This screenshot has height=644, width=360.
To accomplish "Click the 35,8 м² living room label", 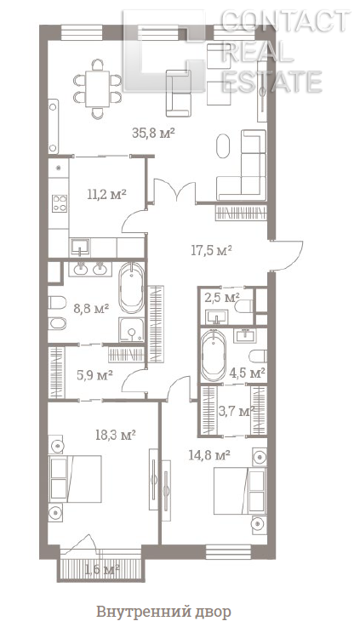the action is (154, 133).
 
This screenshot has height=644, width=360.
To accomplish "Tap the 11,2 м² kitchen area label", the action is (106, 193).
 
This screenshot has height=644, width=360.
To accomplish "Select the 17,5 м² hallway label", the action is (212, 250).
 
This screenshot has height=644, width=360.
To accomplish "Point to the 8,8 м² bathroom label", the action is (91, 308).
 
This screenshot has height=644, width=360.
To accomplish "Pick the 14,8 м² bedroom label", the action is (209, 455).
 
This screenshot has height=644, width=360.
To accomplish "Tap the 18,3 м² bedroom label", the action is (116, 435).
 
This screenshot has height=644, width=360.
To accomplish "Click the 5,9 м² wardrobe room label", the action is (95, 374).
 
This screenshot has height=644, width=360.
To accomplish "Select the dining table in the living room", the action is (97, 89).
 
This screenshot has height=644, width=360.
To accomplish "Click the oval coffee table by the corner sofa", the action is (223, 145).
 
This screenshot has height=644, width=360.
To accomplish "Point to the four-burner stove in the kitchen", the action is (60, 203).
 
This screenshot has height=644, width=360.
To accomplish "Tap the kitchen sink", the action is (80, 248).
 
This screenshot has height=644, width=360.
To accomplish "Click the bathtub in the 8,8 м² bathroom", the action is (131, 288).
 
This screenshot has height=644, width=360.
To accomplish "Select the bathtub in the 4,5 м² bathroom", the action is (213, 356).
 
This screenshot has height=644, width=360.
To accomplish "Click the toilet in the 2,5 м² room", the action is (244, 306).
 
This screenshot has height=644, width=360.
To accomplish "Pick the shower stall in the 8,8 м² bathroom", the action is (132, 330).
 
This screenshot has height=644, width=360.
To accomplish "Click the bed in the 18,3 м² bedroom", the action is (75, 478).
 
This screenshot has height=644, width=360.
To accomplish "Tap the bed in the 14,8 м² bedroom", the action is (240, 491).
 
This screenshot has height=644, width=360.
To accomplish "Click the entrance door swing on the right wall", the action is (289, 255).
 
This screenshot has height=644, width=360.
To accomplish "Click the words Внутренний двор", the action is (163, 612).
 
